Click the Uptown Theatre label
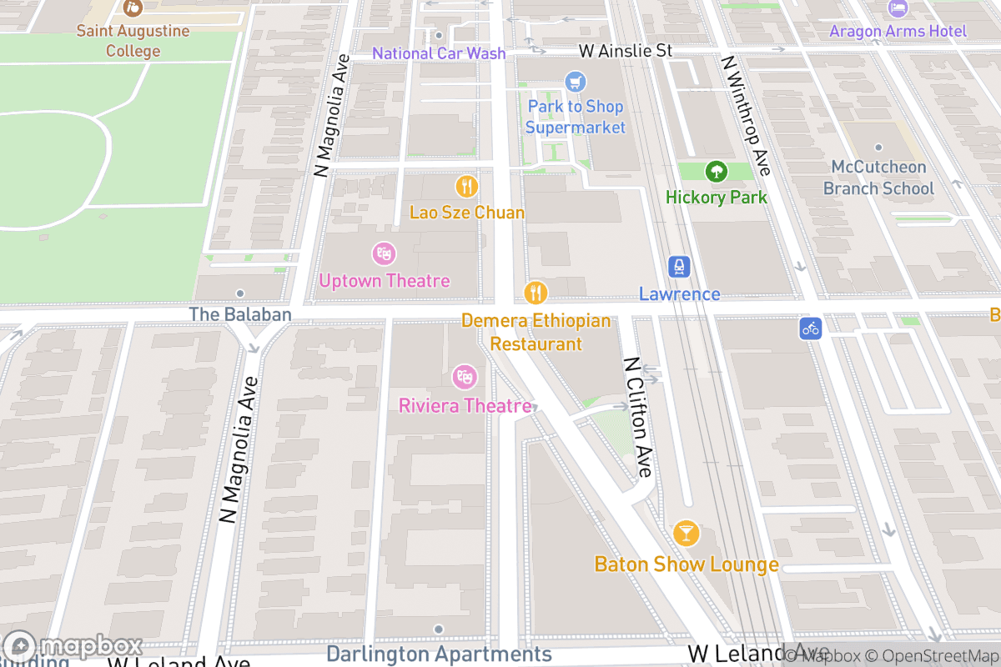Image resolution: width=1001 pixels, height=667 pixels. click(x=384, y=281)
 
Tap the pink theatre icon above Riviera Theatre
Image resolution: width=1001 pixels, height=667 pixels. click(x=465, y=377)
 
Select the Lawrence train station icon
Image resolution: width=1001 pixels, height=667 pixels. click(x=680, y=267)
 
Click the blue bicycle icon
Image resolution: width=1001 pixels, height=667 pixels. click(x=810, y=328)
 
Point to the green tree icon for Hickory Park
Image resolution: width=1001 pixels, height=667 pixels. click(x=716, y=172)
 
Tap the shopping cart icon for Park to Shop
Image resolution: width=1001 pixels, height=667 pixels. click(x=575, y=82)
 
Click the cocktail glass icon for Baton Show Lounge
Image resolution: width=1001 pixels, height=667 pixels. click(x=686, y=533)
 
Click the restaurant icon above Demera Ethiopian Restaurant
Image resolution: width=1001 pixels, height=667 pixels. click(x=536, y=293)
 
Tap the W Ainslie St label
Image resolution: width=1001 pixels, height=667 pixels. click(x=625, y=52)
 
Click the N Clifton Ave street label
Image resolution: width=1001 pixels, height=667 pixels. click(x=637, y=417)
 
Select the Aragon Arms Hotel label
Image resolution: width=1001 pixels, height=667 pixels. click(x=898, y=32)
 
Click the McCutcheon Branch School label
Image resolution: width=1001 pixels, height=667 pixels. click(x=878, y=178)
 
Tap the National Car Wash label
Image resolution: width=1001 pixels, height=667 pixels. click(x=439, y=53)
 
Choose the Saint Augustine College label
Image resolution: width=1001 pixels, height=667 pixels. click(x=133, y=41)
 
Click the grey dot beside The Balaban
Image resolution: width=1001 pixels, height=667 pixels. click(x=240, y=293)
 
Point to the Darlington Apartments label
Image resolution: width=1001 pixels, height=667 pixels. click(x=439, y=654)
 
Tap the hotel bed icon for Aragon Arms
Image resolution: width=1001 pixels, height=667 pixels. click(x=898, y=8)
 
